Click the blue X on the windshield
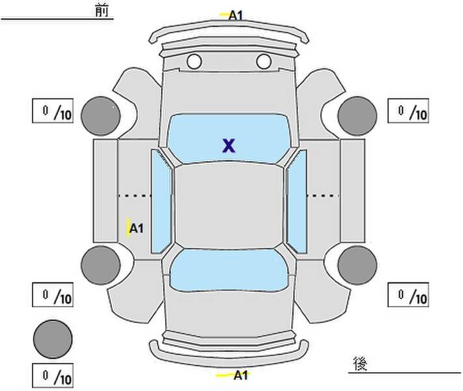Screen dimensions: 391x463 (x=228, y=145)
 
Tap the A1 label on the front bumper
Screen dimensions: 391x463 (x=236, y=14)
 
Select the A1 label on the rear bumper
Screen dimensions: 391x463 (x=240, y=375)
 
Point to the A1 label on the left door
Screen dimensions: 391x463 (x=136, y=228)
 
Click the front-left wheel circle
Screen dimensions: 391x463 (x=100, y=115)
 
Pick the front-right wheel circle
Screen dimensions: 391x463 (x=358, y=115)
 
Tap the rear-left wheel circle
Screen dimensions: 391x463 (x=100, y=265)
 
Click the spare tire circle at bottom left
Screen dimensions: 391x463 (x=53, y=339)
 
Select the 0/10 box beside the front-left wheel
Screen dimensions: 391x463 (x=53, y=111)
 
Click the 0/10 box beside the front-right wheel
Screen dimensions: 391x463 (x=408, y=111)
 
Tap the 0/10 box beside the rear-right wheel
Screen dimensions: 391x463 (x=408, y=295)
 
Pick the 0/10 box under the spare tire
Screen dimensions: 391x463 (x=53, y=375)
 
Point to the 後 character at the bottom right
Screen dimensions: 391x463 (x=359, y=362)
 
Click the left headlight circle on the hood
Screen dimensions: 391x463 (x=194, y=62)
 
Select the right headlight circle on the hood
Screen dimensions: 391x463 (x=263, y=62)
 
